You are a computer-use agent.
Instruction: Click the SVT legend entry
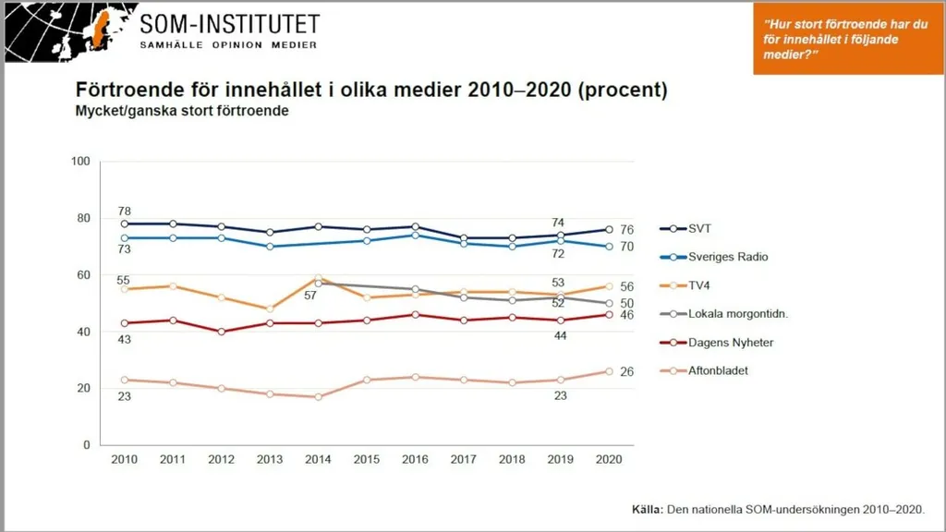pyautogui.click(x=685, y=229)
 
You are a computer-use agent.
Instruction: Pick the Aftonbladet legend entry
pyautogui.click(x=704, y=371)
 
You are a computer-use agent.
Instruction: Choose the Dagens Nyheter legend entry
pyautogui.click(x=717, y=343)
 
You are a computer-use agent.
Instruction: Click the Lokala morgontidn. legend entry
pyautogui.click(x=724, y=314)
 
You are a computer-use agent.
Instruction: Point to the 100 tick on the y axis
pyautogui.click(x=80, y=161)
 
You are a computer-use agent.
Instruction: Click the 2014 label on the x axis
pyautogui.click(x=318, y=460)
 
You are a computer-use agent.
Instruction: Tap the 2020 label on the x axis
pyautogui.click(x=609, y=460)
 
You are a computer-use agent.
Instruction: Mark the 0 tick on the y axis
pyautogui.click(x=86, y=445)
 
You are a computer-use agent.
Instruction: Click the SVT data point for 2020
pyautogui.click(x=609, y=230)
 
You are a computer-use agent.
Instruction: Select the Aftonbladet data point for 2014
pyautogui.click(x=319, y=397)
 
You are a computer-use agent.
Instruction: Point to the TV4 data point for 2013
pyautogui.click(x=270, y=308)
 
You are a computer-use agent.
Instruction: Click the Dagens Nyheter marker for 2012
pyautogui.click(x=222, y=332)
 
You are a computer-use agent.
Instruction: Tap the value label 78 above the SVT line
pyautogui.click(x=125, y=212)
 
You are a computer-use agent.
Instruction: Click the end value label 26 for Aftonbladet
pyautogui.click(x=627, y=371)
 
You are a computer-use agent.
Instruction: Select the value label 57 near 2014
pyautogui.click(x=310, y=296)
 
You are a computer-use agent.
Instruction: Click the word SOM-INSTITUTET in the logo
pyautogui.click(x=229, y=24)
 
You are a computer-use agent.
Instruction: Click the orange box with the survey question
pyautogui.click(x=848, y=39)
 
